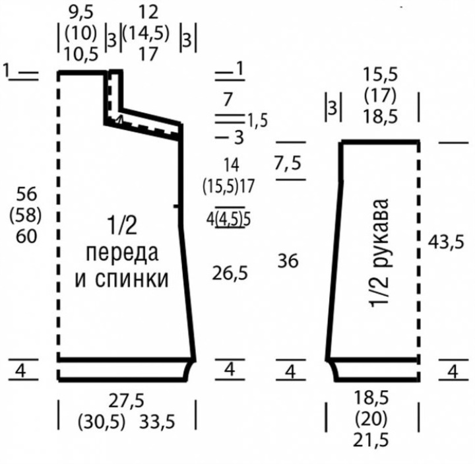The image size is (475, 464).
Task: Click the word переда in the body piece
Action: click(x=122, y=254)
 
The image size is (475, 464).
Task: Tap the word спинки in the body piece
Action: click(x=132, y=279)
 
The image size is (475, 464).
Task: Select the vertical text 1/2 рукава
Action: click(x=379, y=253)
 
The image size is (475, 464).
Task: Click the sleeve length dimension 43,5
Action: click(x=445, y=242)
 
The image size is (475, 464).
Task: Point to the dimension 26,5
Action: click(x=230, y=273)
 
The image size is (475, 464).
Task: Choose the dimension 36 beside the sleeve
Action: click(x=288, y=261)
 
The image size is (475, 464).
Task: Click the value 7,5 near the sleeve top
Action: click(x=288, y=163)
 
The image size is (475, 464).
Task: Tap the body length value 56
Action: click(x=26, y=194)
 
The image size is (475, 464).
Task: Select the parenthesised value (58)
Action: click(x=26, y=215)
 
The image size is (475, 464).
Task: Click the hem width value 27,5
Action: click(x=127, y=401)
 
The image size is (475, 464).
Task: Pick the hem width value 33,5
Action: click(x=157, y=422)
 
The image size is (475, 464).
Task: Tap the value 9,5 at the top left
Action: click(x=81, y=13)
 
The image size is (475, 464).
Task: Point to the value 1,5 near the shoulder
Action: click(x=258, y=121)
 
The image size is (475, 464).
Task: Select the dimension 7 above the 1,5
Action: click(x=228, y=100)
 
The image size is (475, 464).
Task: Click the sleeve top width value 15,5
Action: click(x=380, y=75)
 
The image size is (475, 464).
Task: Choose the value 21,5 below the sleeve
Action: click(x=371, y=440)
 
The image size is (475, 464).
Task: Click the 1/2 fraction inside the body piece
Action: click(x=122, y=225)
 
